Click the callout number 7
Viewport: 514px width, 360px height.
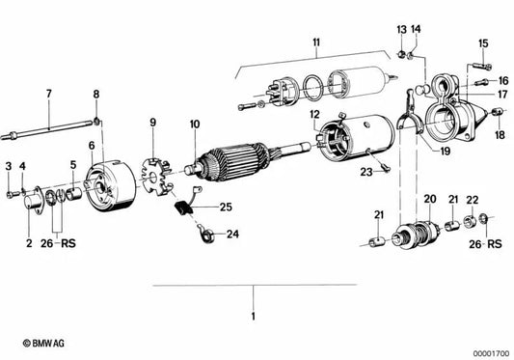[x=48, y=94]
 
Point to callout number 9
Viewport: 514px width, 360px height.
[x=151, y=123]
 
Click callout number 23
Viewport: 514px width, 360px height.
[x=366, y=172]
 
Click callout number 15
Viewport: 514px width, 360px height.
[x=484, y=42]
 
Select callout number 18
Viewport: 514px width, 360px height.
[x=500, y=136]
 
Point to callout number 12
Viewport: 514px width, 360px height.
[x=314, y=115]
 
